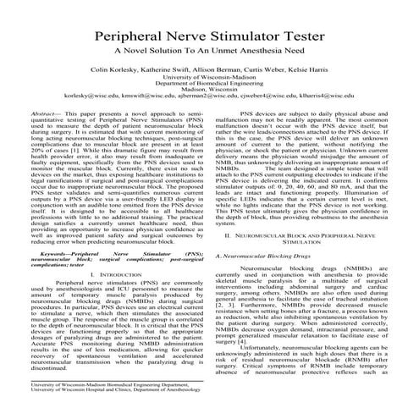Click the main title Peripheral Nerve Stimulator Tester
tap(209, 37)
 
